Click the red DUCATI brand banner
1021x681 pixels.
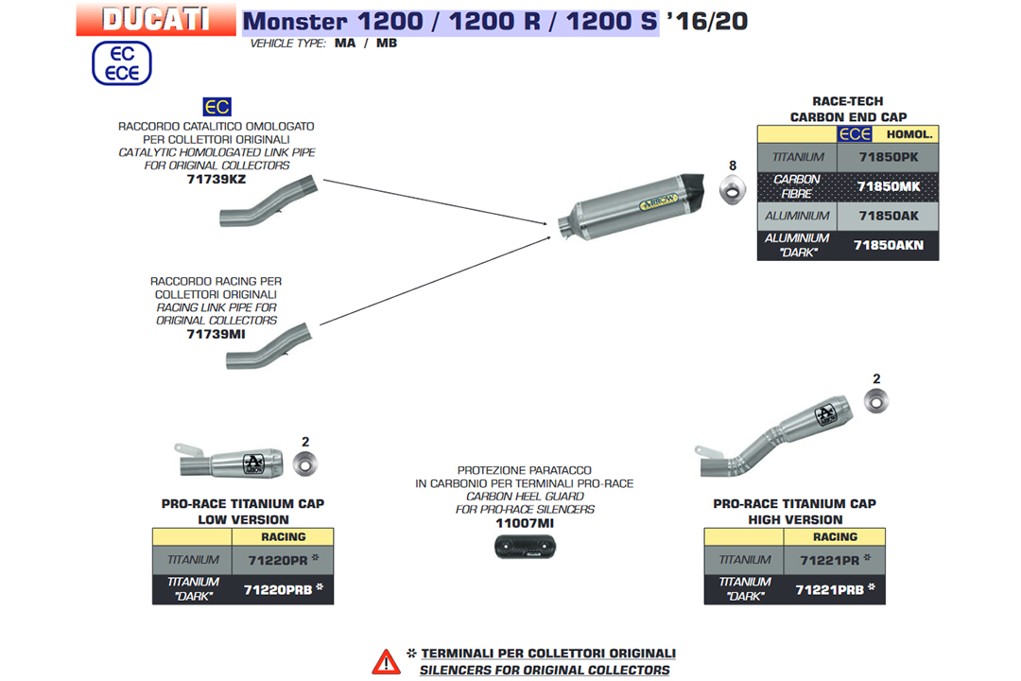156,19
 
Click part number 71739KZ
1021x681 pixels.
216,178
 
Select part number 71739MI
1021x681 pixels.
216,333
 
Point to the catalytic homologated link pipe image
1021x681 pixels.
269,202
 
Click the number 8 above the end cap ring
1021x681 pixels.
732,166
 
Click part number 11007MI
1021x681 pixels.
524,523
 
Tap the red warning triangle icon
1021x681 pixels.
386,661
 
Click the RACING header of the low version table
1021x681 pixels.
283,536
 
